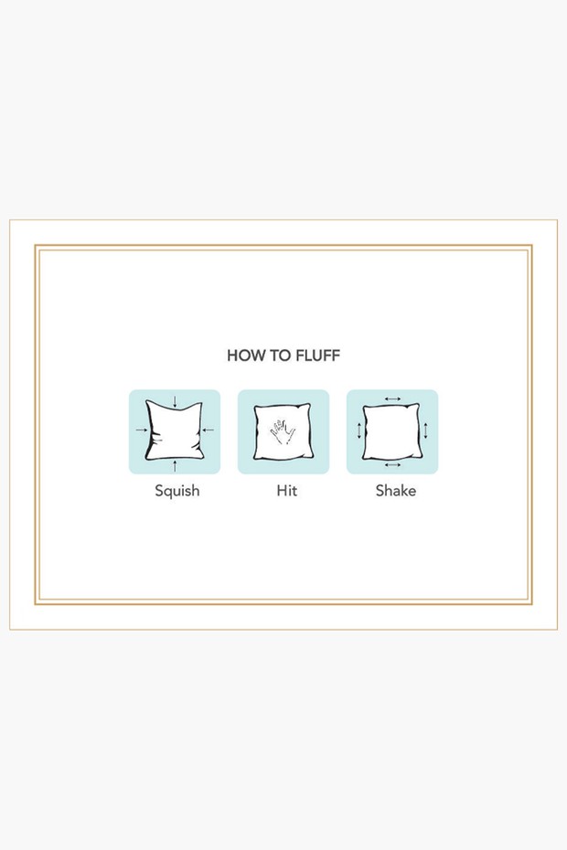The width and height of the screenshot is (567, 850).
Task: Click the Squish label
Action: [x=177, y=491]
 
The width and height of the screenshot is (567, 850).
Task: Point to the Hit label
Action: [x=286, y=491]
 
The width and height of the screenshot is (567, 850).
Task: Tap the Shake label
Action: [x=395, y=491]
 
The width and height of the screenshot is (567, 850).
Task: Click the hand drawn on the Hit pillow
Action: [x=283, y=429]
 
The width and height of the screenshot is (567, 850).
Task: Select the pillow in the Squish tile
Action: [x=174, y=431]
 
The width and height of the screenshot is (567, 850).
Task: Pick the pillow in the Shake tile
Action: [x=391, y=431]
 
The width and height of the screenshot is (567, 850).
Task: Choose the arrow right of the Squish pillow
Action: [x=209, y=430]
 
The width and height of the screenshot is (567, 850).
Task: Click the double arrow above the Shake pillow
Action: [x=392, y=398]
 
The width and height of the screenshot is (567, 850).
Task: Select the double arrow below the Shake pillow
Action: [x=392, y=465]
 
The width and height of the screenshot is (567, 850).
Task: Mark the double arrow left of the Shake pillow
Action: [x=358, y=431]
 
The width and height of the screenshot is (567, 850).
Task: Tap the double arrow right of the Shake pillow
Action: [x=426, y=430]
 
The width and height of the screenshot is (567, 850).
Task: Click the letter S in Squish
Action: [x=159, y=491]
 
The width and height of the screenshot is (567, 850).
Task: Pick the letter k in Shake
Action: [x=404, y=491]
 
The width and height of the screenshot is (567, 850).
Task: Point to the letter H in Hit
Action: [x=281, y=491]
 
